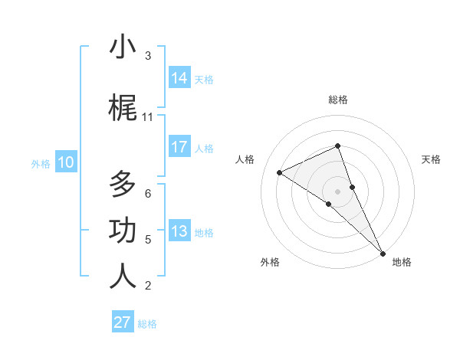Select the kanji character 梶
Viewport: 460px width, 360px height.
point(123,109)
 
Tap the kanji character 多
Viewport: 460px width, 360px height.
point(123,185)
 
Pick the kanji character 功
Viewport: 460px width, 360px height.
point(123,231)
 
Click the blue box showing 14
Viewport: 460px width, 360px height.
point(179,78)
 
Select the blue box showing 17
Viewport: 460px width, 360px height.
point(179,147)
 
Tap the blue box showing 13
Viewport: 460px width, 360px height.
point(179,231)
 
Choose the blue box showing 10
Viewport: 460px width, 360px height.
point(65,162)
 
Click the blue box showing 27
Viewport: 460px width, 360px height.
point(123,322)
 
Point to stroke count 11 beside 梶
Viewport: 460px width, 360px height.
point(148,116)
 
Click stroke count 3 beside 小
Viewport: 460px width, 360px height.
point(148,55)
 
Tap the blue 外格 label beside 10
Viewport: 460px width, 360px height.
point(41,163)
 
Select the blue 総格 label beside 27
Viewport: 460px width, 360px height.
point(147,324)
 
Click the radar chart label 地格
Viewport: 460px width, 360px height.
point(402,262)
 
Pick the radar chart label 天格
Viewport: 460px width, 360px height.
point(431,159)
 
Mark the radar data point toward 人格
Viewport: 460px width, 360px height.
point(280,172)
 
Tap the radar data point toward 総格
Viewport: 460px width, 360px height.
point(337,146)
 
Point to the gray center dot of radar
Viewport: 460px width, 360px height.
point(337,191)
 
